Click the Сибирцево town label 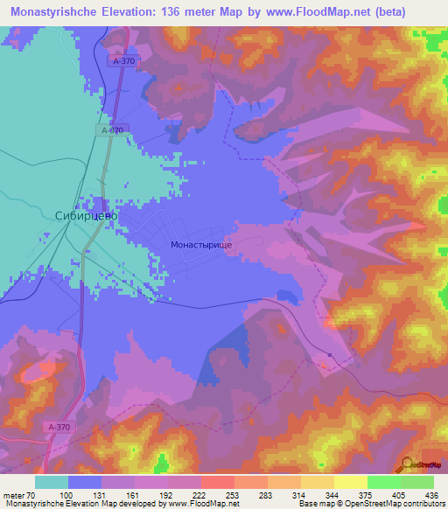tap(86, 214)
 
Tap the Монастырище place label tap(201, 248)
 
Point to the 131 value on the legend tap(98, 495)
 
